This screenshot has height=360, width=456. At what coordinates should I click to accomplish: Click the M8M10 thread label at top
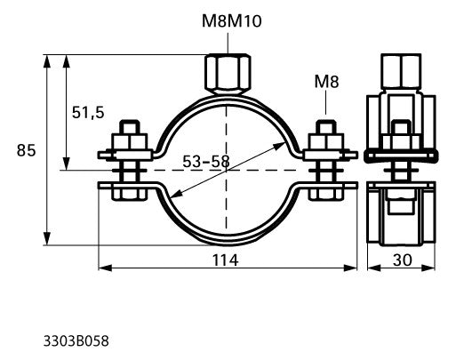232,21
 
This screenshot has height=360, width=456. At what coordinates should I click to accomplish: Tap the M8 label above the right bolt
326,82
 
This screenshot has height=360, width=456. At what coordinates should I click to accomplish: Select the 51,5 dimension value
88,113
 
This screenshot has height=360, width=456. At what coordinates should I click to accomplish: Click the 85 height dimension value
26,150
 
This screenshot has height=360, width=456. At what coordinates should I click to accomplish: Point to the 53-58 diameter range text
206,162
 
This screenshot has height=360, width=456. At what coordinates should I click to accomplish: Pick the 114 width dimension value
225,260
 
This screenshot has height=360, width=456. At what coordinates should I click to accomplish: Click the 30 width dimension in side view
403,260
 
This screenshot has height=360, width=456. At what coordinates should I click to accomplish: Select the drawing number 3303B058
76,341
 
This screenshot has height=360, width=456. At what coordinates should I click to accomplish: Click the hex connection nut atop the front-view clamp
228,74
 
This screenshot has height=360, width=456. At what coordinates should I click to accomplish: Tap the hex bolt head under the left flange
130,194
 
